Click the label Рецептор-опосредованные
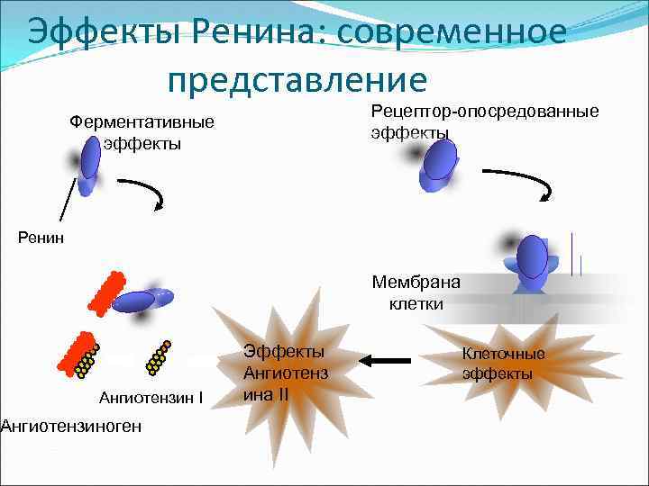[x=485, y=112]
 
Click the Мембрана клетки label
[x=416, y=292]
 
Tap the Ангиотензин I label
[x=151, y=396]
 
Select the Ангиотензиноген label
[x=69, y=425]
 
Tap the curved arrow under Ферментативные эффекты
[x=142, y=193]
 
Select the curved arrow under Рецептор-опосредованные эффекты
[x=519, y=184]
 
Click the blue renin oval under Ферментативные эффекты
[x=91, y=160]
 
